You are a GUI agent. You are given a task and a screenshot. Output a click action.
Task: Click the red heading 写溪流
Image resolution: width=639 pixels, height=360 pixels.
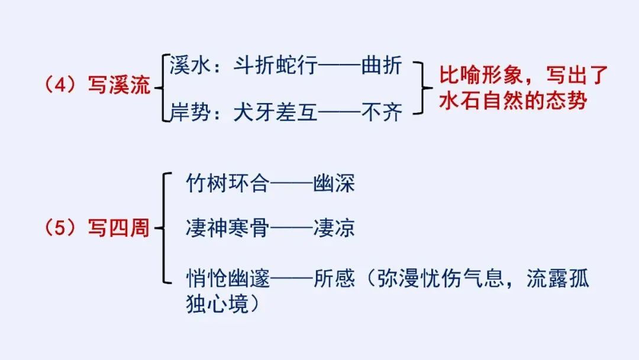(x=120, y=86)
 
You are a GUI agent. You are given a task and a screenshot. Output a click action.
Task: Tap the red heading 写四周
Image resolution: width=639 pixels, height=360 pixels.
(x=120, y=228)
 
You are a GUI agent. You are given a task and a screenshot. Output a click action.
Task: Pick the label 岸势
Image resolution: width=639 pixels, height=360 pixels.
(x=188, y=111)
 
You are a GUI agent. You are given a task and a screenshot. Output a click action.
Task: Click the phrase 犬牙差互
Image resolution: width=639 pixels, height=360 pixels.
(x=273, y=111)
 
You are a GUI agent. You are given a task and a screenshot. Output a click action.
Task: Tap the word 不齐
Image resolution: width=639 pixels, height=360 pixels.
(x=382, y=111)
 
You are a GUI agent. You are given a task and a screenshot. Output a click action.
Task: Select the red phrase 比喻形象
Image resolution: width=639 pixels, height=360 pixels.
(x=479, y=77)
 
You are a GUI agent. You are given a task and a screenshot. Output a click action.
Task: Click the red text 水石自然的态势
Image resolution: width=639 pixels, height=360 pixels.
(x=512, y=101)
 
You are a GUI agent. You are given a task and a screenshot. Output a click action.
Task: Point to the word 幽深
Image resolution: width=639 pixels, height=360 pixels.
(x=334, y=184)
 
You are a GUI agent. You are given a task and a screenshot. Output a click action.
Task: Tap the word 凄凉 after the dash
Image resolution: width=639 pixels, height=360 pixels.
(x=334, y=228)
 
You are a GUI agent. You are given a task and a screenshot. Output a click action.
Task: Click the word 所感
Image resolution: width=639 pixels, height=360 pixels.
(x=334, y=279)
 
